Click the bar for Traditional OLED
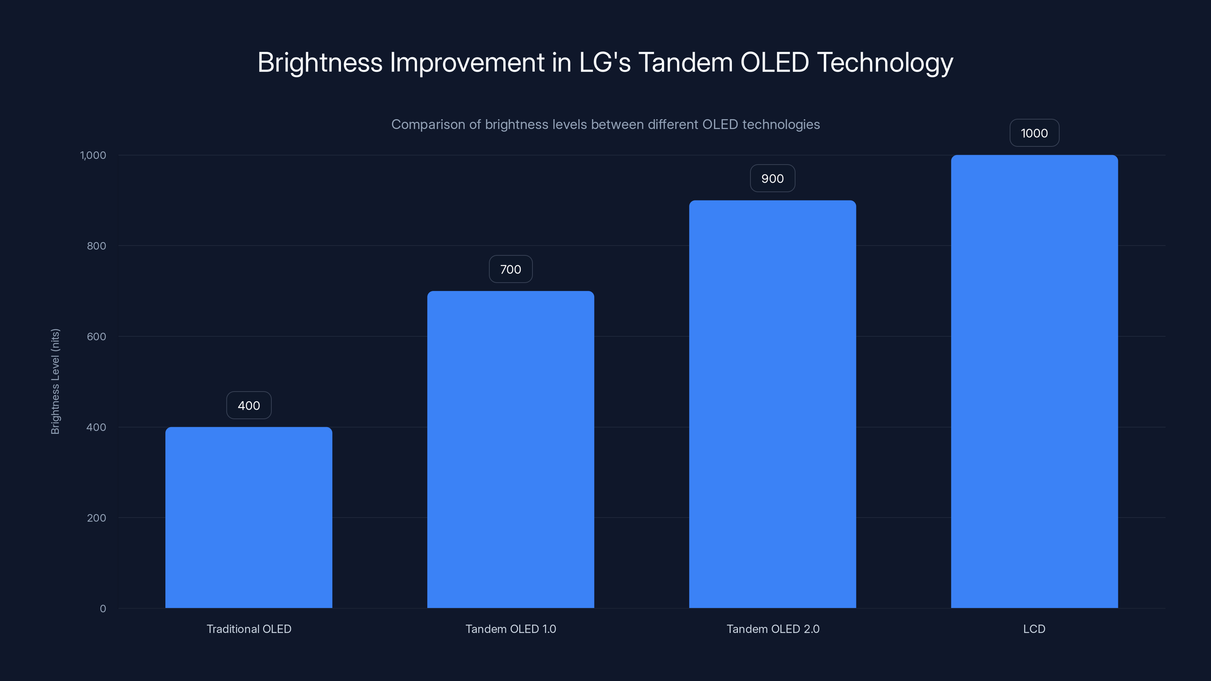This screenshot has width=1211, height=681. coord(249,517)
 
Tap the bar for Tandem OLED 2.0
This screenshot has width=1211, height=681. coord(772,404)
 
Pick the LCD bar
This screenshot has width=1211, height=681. coord(1034,381)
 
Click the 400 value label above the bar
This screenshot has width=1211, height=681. coord(249,405)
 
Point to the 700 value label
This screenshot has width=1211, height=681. coord(511,269)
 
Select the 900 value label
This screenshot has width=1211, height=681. coord(772,179)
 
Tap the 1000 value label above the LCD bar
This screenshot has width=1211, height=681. coord(1034,133)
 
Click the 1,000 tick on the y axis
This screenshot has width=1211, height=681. coord(93,155)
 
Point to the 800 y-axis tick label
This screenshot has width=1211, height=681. coord(97,246)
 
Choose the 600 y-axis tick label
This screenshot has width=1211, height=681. coord(97,336)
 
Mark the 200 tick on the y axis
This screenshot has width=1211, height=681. coord(97,518)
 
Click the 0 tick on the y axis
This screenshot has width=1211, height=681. coord(103,609)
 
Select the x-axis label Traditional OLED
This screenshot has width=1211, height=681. coord(249,629)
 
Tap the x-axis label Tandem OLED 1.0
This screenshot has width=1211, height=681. coord(511,629)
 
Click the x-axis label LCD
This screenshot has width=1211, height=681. coord(1034,629)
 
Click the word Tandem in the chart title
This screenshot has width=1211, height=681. coord(685,62)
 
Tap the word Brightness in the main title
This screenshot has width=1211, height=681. coord(320,62)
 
